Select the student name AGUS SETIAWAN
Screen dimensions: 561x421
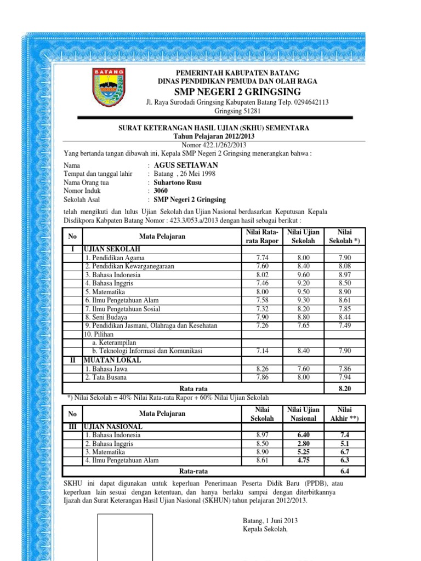point(185,165)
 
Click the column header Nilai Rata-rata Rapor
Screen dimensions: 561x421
point(260,237)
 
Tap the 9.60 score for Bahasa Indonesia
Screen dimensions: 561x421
point(304,274)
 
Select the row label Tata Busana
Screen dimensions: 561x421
point(104,377)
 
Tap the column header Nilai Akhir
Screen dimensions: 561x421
point(345,414)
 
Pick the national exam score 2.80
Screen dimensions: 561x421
point(304,444)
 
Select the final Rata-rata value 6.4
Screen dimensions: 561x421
point(345,471)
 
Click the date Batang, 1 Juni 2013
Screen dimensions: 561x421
point(270,520)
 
